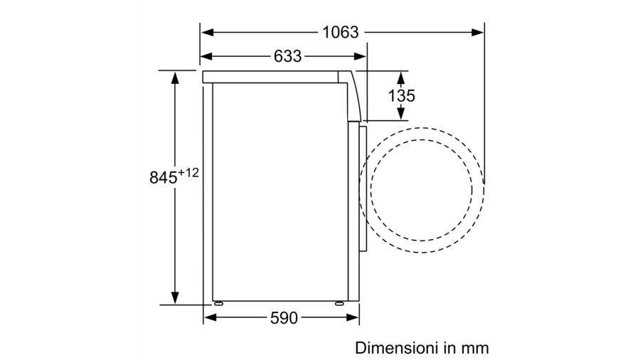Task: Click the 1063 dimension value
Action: pyautogui.click(x=341, y=32)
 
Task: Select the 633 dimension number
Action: pyautogui.click(x=288, y=56)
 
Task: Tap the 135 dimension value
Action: pyautogui.click(x=401, y=96)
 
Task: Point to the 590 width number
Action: pyautogui.click(x=284, y=318)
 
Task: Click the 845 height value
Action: pyautogui.click(x=164, y=178)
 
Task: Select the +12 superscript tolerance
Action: pyautogui.click(x=188, y=173)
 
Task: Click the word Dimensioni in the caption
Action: pyautogui.click(x=393, y=348)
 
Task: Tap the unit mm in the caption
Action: pyautogui.click(x=475, y=349)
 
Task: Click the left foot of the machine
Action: pyautogui.click(x=218, y=303)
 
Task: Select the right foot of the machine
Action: pyautogui.click(x=339, y=303)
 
